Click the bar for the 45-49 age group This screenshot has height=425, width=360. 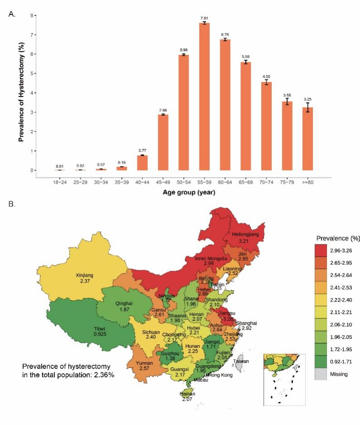click(163, 142)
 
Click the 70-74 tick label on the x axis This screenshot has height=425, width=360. click(267, 181)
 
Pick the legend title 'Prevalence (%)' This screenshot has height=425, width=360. click(335, 238)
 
